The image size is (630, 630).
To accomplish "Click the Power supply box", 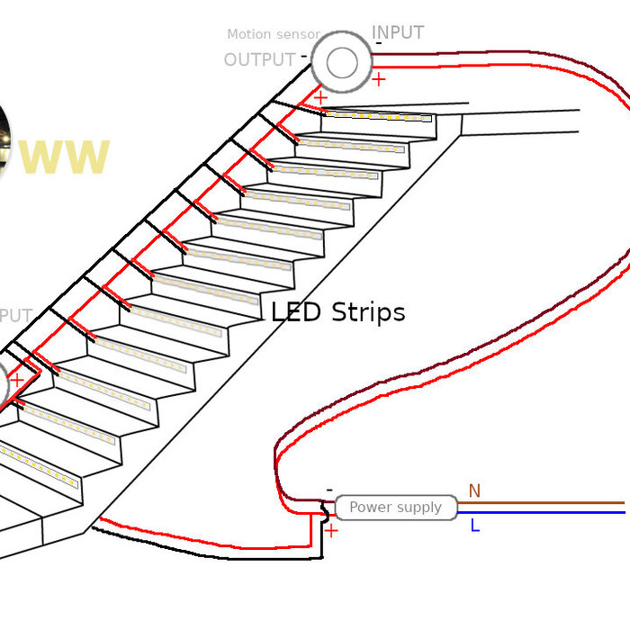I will pos(395,508).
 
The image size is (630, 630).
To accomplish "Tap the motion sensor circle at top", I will pos(342,62).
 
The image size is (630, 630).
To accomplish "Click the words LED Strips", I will pos(338,312).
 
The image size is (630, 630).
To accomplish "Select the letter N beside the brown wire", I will pos(474,490).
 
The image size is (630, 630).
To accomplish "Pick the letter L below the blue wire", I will pos(474,526).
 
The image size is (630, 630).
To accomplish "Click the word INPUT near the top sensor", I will pos(398,32).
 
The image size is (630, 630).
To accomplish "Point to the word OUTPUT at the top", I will pos(259,60).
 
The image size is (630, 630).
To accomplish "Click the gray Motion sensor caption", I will pos(273,34).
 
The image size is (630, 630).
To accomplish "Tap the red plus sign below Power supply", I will pos(331,531).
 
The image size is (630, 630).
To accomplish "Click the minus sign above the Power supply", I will pos(329,490).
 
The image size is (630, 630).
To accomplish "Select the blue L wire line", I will pos(540,512).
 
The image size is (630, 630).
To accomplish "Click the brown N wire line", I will pos(540,503).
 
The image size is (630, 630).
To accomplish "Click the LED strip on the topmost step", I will pos(378,116).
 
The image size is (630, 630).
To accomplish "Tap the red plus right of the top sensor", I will pos(378,79).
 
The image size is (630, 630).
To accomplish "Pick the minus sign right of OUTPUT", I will pos(304,56).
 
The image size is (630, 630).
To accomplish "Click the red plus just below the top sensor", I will pos(320,97).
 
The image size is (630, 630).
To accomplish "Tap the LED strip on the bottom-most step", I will pos(36,468).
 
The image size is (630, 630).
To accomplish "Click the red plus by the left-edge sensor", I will pos(17,380).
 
